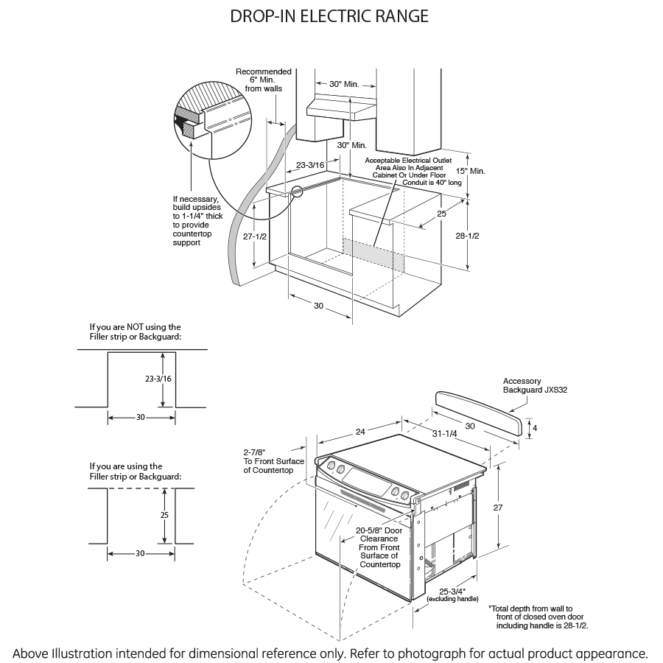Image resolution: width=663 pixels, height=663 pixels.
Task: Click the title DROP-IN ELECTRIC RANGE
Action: [329, 16]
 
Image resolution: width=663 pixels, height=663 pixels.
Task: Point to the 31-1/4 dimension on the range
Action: [445, 433]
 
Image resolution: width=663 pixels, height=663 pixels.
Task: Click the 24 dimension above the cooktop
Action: [360, 432]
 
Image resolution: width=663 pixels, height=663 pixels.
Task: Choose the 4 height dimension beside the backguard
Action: [536, 428]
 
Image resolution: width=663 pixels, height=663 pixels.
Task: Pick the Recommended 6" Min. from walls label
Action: [263, 80]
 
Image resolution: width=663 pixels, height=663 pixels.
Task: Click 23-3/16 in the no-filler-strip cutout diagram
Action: [158, 379]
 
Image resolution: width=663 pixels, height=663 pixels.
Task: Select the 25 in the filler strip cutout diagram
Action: [164, 515]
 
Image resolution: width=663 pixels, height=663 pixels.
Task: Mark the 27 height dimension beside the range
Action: [498, 508]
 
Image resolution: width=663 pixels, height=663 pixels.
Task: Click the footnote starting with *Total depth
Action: [541, 617]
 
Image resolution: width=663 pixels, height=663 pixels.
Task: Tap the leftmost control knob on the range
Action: [330, 466]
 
